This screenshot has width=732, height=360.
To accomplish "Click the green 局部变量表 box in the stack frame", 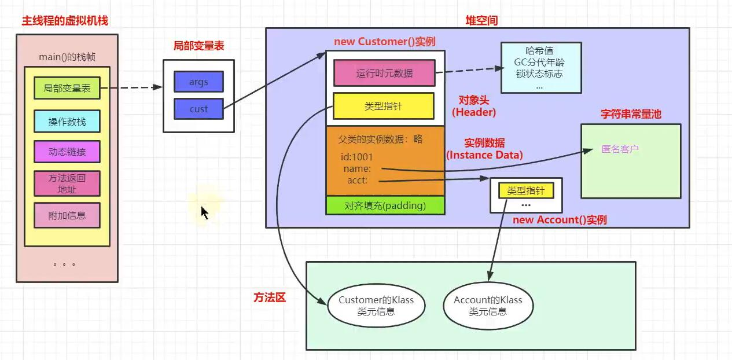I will pyautogui.click(x=67, y=89).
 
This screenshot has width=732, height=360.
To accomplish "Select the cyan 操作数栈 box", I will pyautogui.click(x=67, y=122).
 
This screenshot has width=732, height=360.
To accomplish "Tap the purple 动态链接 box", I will pyautogui.click(x=67, y=152).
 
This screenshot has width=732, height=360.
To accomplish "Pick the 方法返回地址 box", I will pyautogui.click(x=67, y=183).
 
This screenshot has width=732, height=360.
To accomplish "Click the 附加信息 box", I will pyautogui.click(x=67, y=215).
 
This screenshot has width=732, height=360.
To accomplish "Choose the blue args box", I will pyautogui.click(x=198, y=82).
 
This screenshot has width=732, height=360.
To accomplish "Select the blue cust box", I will pyautogui.click(x=198, y=109).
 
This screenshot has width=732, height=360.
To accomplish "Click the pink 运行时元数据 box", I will pyautogui.click(x=384, y=73).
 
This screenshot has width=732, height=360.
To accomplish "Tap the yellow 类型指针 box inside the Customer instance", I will pyautogui.click(x=383, y=106).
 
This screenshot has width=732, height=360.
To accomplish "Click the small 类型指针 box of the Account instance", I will pyautogui.click(x=526, y=190).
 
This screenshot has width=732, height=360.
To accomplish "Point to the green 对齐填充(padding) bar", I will pyautogui.click(x=385, y=205).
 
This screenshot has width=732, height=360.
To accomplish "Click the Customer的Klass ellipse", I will pyautogui.click(x=375, y=306).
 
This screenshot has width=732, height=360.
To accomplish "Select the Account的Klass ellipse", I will pyautogui.click(x=488, y=306).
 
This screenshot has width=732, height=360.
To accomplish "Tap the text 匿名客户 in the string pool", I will pyautogui.click(x=620, y=149).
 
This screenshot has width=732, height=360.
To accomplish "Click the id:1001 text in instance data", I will pyautogui.click(x=357, y=157).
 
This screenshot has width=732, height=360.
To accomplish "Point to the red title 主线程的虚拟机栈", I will pyautogui.click(x=65, y=21).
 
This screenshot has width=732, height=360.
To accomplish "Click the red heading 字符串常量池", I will pyautogui.click(x=631, y=114).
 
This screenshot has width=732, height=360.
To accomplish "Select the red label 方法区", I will pyautogui.click(x=270, y=297).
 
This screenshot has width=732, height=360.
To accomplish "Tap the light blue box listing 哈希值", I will pyautogui.click(x=540, y=68).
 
